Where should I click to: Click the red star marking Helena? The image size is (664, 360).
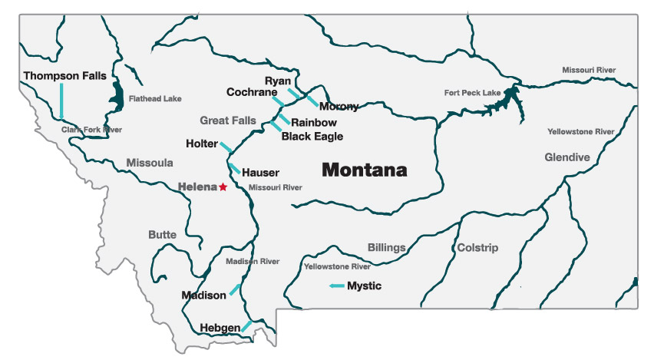223,187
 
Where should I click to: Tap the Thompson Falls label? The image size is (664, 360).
64,76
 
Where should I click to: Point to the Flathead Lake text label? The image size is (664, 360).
156,99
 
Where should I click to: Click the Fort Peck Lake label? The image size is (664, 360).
472,93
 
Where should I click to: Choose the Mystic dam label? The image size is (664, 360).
365,286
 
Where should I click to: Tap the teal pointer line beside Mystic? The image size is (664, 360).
336,286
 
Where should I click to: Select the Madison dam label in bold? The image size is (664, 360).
204,295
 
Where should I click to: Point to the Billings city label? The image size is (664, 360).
387,248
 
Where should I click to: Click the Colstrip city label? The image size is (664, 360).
477,248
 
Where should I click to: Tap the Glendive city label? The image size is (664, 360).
567,157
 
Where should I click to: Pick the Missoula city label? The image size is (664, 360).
150,163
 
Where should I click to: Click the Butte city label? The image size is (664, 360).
162,234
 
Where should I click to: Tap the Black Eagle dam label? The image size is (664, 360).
312,137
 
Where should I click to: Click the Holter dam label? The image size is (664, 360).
201,144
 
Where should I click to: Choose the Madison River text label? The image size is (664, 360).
253,262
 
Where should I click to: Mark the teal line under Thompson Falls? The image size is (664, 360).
61,101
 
